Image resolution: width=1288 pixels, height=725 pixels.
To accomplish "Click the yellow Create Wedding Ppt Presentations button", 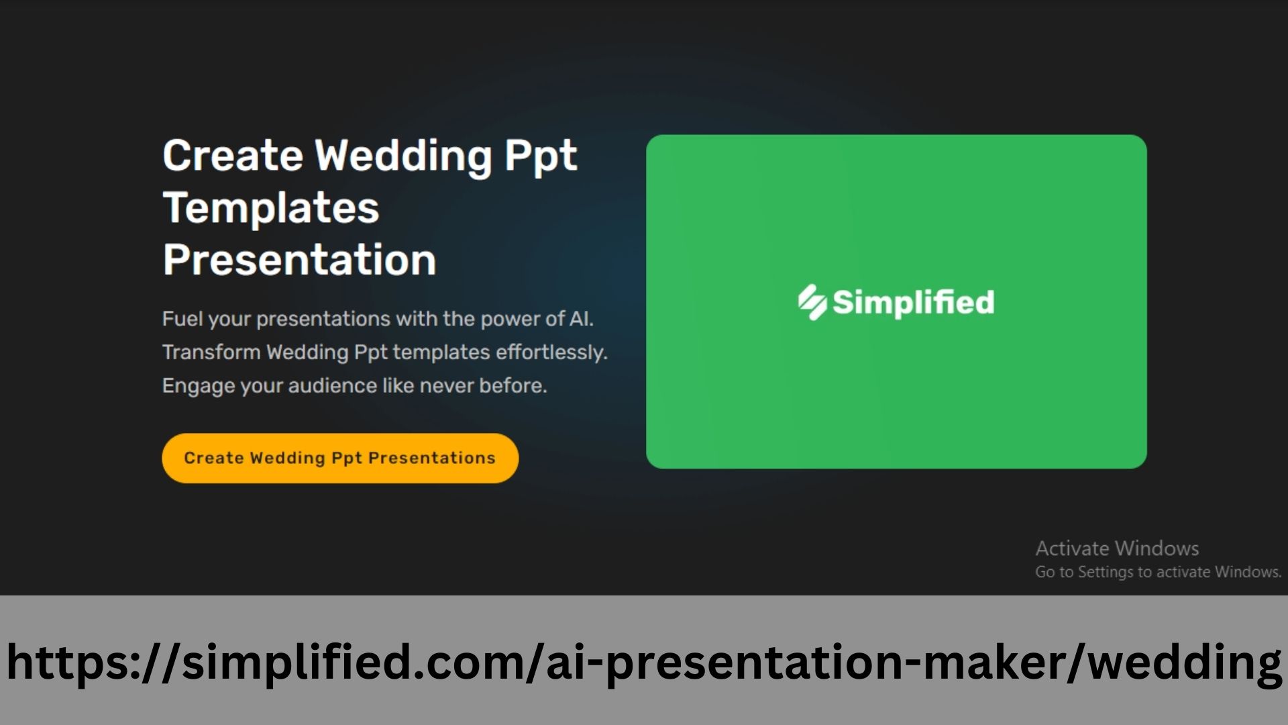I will pyautogui.click(x=340, y=458).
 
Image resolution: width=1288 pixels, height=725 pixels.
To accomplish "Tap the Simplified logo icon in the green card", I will pyautogui.click(x=812, y=302).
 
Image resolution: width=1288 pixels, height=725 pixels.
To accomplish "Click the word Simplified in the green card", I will pyautogui.click(x=913, y=302).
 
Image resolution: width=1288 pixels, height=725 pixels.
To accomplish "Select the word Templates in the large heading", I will pyautogui.click(x=271, y=207).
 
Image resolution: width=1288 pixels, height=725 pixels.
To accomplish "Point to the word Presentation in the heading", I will pyautogui.click(x=299, y=260).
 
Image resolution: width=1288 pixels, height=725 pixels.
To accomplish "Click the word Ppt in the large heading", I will pyautogui.click(x=541, y=156).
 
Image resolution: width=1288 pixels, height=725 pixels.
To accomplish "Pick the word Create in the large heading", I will pyautogui.click(x=233, y=155).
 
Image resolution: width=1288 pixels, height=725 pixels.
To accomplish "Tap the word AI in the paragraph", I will pyautogui.click(x=580, y=319).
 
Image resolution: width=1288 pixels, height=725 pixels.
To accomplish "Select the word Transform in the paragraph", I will pyautogui.click(x=211, y=352).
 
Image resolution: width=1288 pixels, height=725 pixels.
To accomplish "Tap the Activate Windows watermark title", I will pyautogui.click(x=1117, y=548).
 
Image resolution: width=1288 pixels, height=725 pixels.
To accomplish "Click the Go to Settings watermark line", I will pyautogui.click(x=1158, y=572).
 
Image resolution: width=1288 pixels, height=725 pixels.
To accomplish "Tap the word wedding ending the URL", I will pyautogui.click(x=1185, y=662).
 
